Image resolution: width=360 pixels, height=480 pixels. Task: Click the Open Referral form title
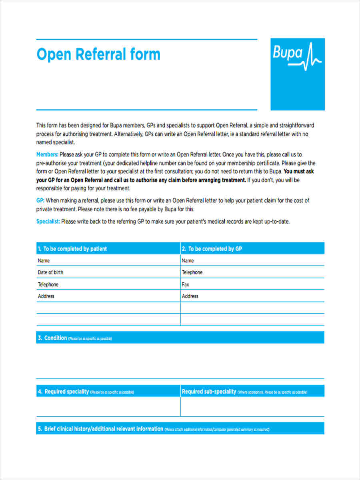click(x=98, y=54)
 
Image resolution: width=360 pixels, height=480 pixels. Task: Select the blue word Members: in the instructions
click(x=47, y=154)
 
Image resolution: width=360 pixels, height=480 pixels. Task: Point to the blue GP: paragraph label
click(x=40, y=200)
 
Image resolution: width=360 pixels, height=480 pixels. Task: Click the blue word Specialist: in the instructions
click(x=48, y=222)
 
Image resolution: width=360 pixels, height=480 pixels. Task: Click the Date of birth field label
click(x=50, y=272)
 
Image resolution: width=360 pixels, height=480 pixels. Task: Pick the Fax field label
click(x=186, y=284)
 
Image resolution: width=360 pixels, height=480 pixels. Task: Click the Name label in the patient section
click(x=44, y=261)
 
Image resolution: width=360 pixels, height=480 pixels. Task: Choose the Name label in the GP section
click(x=188, y=261)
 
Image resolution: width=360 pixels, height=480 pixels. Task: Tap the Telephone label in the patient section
click(x=48, y=284)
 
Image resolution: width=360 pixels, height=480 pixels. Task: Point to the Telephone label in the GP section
click(x=192, y=272)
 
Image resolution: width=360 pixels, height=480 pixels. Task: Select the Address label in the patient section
click(x=46, y=296)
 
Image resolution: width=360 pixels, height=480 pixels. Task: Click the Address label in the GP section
click(x=190, y=296)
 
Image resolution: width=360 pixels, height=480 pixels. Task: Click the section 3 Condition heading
click(x=55, y=338)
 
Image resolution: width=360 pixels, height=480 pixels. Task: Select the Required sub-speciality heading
click(x=209, y=392)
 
